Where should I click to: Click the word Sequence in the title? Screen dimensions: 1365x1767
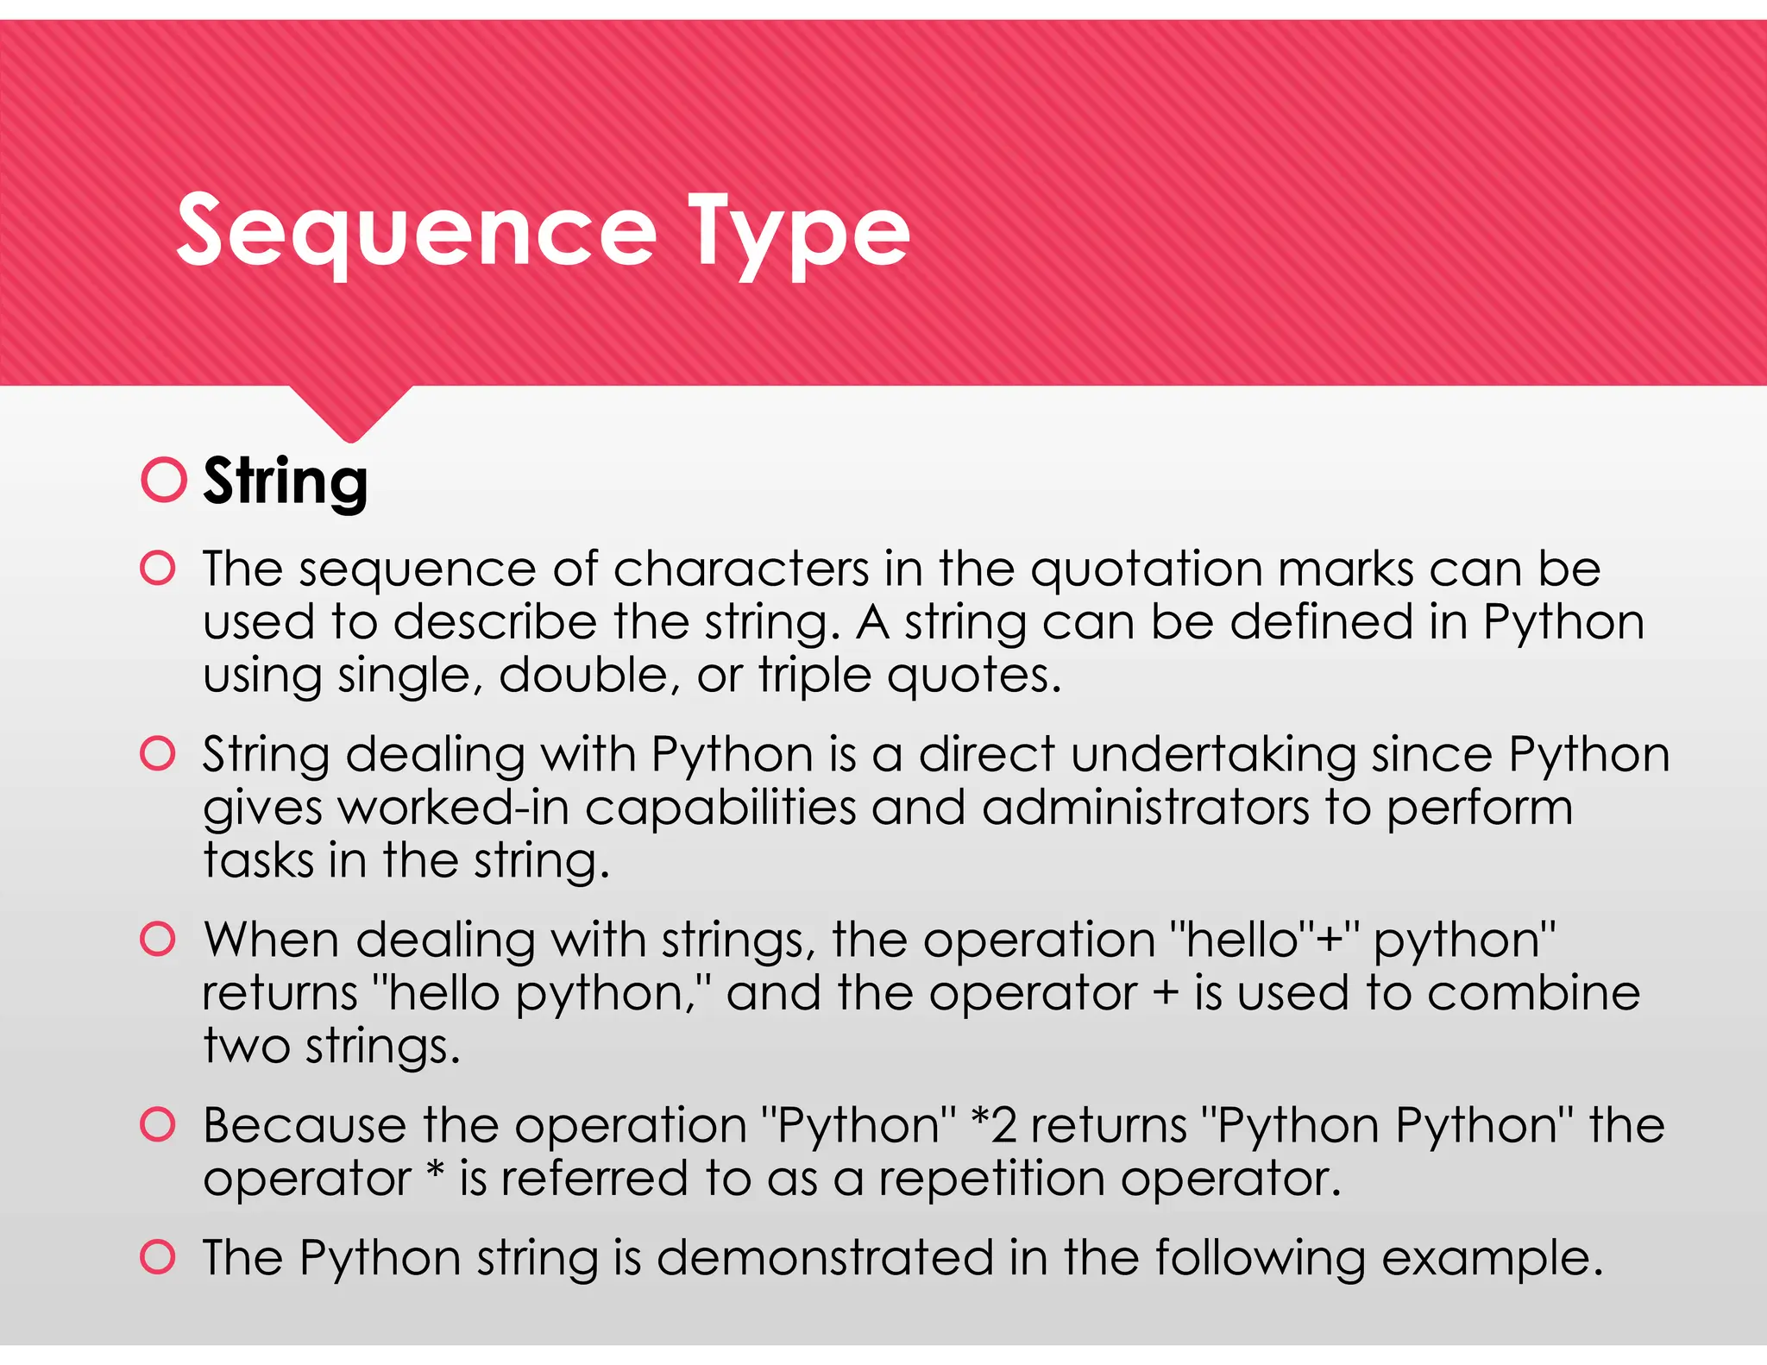point(416,231)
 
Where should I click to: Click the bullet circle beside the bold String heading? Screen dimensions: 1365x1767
point(164,480)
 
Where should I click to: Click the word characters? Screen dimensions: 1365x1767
point(741,569)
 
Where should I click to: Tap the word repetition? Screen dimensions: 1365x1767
point(991,1179)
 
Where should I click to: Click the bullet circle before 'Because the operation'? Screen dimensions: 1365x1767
point(158,1124)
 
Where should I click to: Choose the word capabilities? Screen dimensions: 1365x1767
point(720,808)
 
